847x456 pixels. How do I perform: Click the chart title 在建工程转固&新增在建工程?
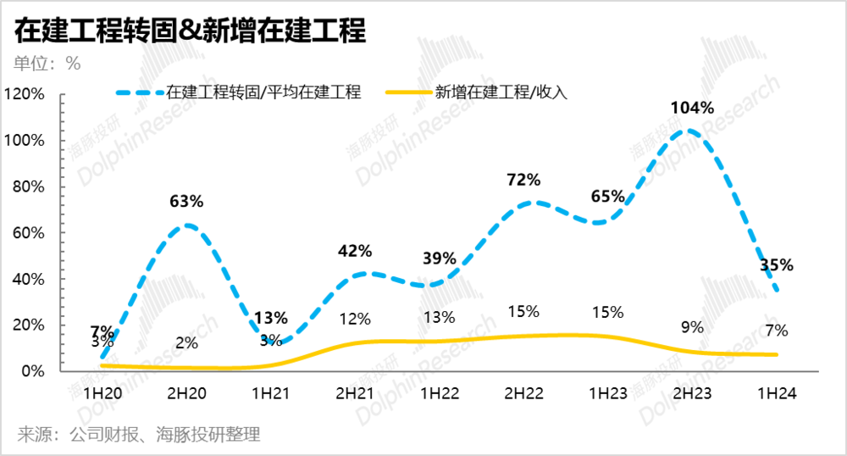190,31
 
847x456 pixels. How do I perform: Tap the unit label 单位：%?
47,64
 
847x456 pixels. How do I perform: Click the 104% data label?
692,108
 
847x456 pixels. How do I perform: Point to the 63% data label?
187,202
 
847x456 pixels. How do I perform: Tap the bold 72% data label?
523,180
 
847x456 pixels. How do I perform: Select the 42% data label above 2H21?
355,251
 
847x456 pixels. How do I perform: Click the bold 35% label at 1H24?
776,265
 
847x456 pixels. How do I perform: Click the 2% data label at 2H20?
187,342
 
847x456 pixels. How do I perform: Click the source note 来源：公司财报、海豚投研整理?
139,435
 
